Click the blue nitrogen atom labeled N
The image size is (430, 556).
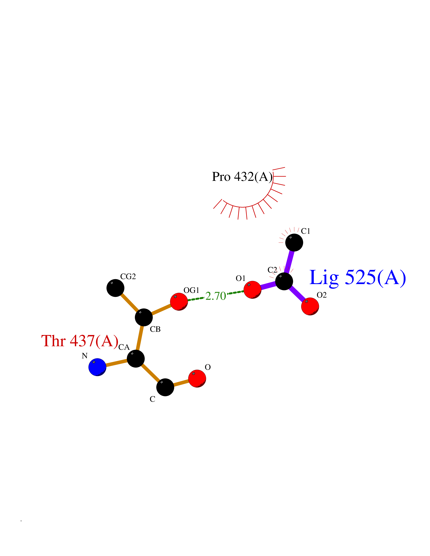tap(97, 367)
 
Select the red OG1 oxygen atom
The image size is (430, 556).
tap(179, 301)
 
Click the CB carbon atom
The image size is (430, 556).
tap(144, 317)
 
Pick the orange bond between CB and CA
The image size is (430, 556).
tap(140, 338)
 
